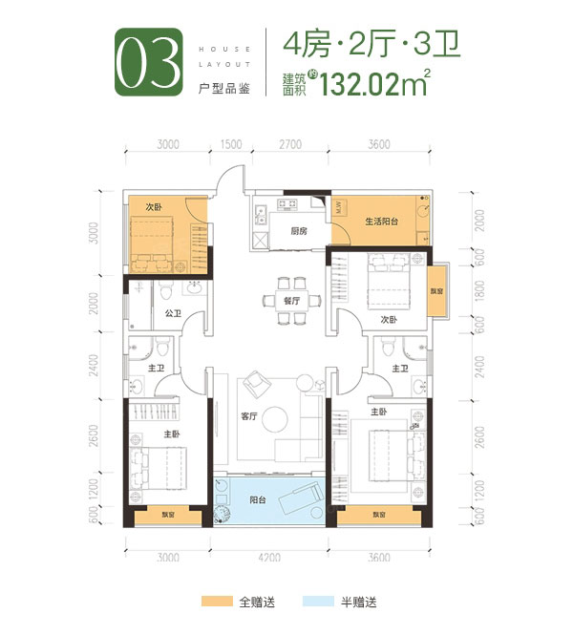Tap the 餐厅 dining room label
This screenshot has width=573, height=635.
pyautogui.click(x=292, y=300)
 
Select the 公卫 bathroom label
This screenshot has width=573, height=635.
pyautogui.click(x=173, y=312)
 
